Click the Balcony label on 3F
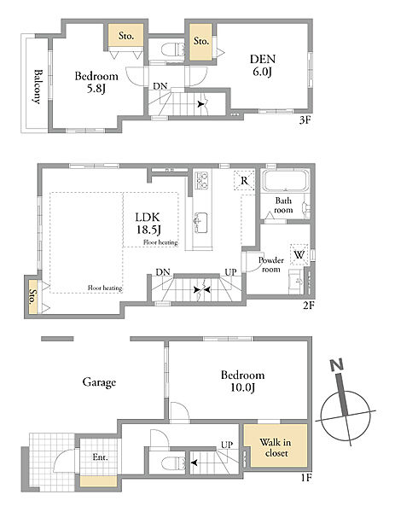coord(38,86)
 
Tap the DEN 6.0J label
coord(263,66)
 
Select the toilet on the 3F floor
coord(173,49)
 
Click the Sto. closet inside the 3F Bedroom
coord(126,35)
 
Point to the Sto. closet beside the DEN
coord(201,42)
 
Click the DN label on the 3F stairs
coord(160,86)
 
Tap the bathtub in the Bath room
coord(286,180)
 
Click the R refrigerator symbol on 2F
coord(244,180)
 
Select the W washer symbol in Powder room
coord(299,253)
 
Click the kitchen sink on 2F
coord(200,223)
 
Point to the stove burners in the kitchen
coord(201,180)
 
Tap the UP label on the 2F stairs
coord(231,272)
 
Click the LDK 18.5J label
coord(148,224)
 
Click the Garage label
coord(99,382)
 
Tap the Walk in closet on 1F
coord(276,445)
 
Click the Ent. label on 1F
coord(100,457)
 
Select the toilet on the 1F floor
coord(174,463)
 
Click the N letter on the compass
coord(337,365)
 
